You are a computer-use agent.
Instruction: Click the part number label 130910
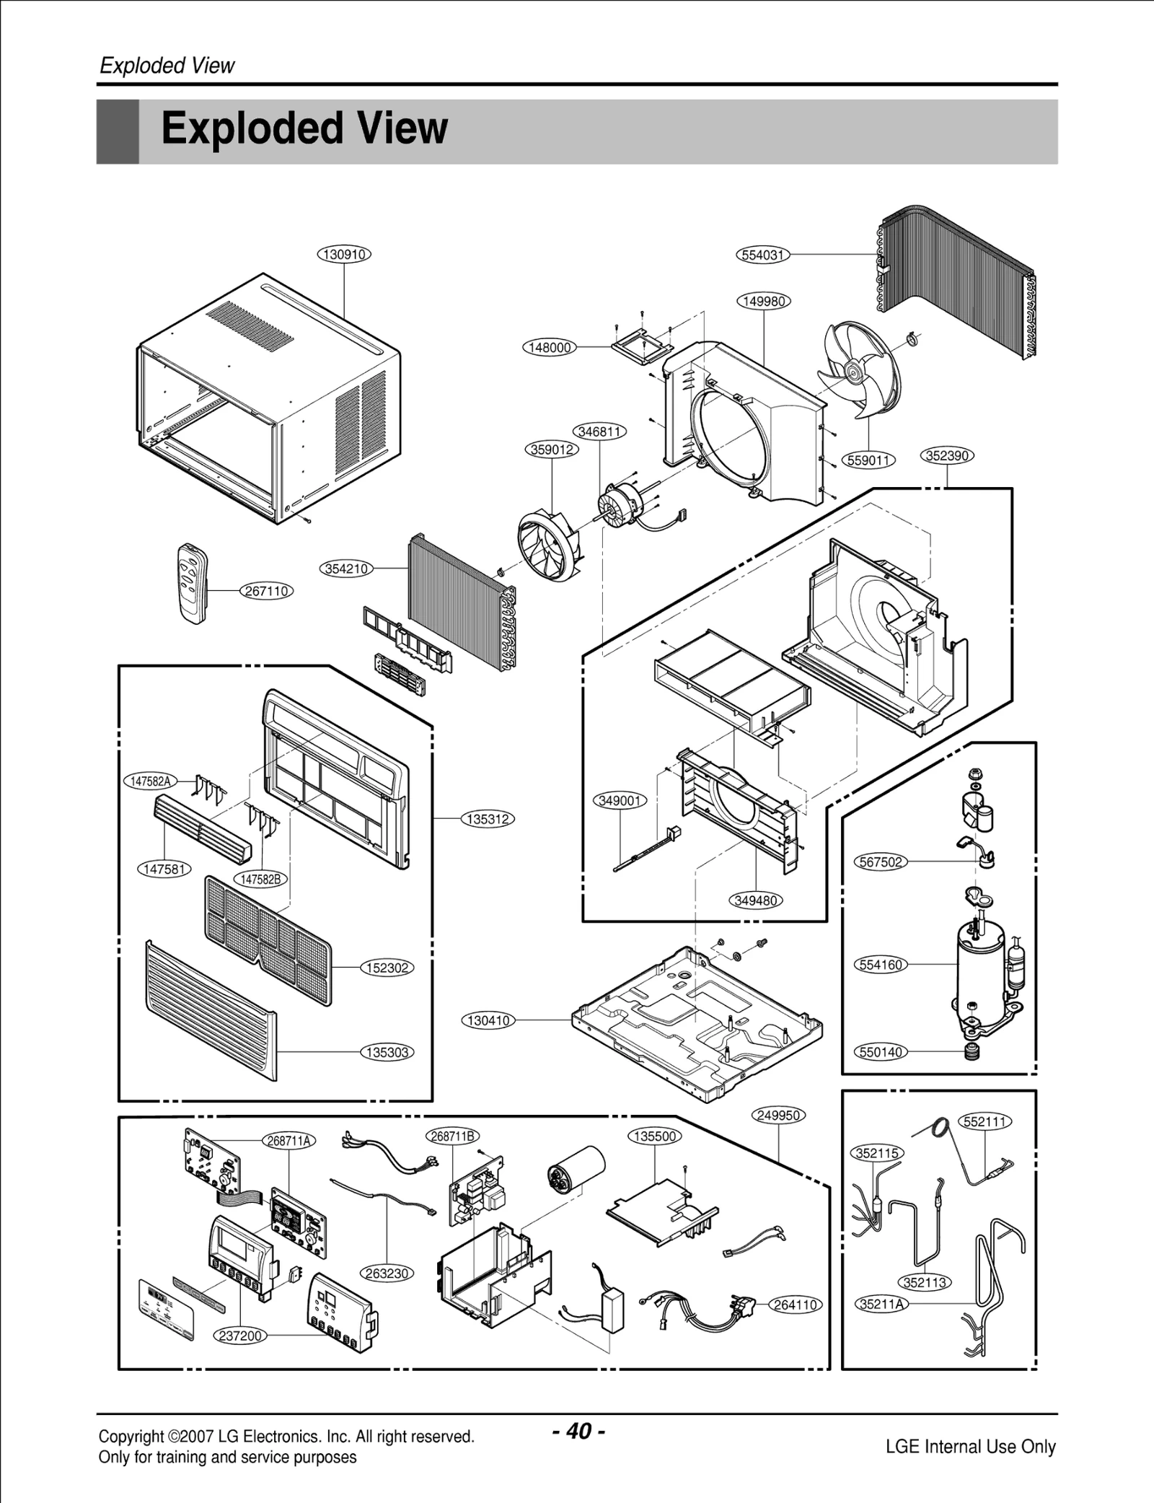344,255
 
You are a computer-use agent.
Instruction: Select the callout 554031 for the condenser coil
763,255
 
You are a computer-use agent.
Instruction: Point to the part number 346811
599,431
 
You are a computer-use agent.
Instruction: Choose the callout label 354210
346,569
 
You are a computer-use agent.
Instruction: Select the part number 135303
387,1052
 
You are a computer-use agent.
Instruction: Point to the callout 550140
881,1052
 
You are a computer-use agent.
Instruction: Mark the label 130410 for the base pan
488,1020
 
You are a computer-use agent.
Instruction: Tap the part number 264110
796,1305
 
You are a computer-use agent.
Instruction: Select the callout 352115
877,1153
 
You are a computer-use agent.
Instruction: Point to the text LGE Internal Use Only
970,1446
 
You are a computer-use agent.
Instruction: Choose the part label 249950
779,1115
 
